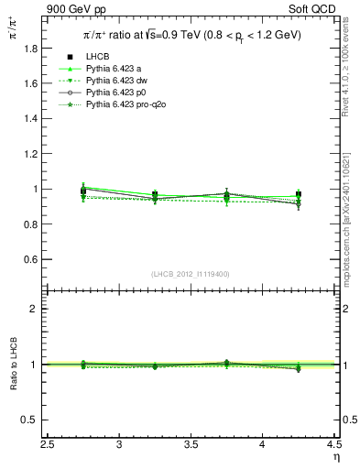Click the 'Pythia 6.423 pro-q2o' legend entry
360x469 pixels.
(x=126, y=104)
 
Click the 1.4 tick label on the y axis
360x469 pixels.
(x=34, y=118)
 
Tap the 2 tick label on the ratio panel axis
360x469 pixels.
(x=38, y=309)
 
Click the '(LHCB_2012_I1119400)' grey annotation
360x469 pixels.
(x=191, y=274)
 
